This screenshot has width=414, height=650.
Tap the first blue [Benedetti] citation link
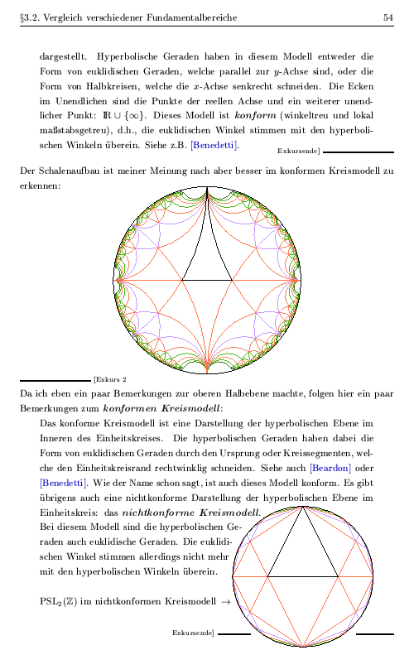click(x=214, y=146)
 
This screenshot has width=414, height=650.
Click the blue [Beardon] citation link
click(x=343, y=468)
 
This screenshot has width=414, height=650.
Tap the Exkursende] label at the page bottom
click(x=193, y=633)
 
